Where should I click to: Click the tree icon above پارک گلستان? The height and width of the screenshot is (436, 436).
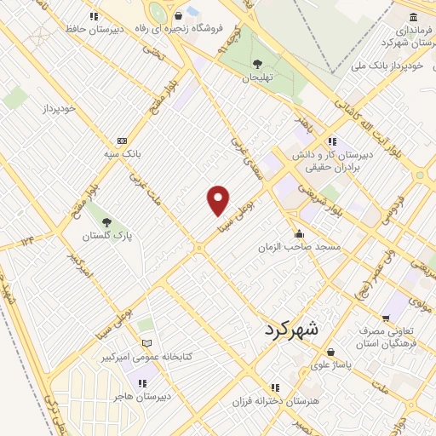tap(106, 222)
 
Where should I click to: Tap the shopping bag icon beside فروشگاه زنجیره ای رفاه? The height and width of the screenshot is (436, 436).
tap(178, 15)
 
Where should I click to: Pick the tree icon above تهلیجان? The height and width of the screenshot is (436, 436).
tap(256, 63)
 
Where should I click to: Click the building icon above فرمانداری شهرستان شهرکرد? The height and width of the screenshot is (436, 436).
tap(413, 18)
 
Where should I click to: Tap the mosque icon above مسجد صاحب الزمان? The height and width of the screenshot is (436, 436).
tap(298, 234)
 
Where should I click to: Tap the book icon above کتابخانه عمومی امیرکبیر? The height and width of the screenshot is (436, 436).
tap(146, 343)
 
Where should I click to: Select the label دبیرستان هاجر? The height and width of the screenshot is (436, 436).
tap(145, 397)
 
